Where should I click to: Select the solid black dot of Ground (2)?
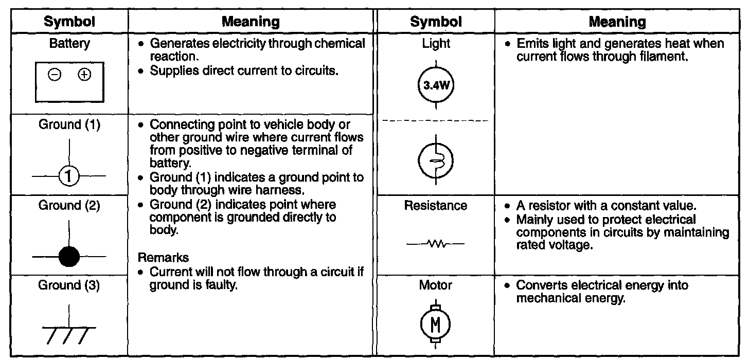point(69,256)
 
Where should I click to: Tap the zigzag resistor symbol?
point(435,243)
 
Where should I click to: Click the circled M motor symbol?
point(435,324)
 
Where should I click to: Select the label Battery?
point(69,44)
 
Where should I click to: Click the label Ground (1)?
point(69,124)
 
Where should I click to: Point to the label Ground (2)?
point(69,206)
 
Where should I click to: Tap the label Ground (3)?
point(69,285)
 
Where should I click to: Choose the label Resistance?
point(436,206)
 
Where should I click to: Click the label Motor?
point(436,285)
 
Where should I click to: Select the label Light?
point(436,44)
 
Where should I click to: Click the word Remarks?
point(163,257)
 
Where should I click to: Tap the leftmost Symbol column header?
point(69,22)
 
